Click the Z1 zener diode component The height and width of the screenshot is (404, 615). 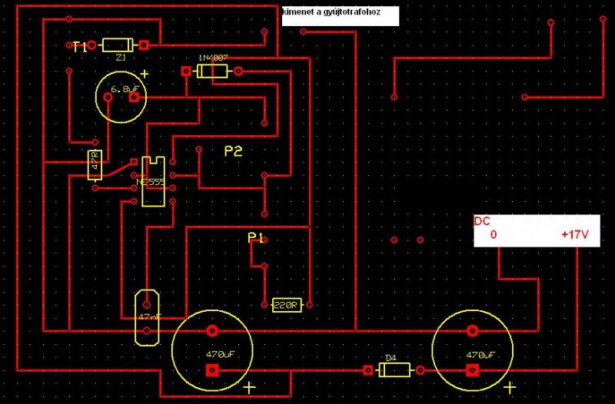(x=118, y=45)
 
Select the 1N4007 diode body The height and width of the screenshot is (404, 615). (x=211, y=71)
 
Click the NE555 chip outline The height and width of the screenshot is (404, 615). (x=153, y=180)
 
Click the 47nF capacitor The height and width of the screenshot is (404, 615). (x=146, y=316)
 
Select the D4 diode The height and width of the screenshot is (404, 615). (x=394, y=370)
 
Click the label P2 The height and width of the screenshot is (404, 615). (x=233, y=152)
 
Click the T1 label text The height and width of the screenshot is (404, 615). (x=79, y=47)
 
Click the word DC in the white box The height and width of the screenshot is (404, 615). (x=482, y=222)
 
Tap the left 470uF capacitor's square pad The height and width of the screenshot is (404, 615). (x=211, y=370)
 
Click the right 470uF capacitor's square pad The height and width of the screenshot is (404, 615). (x=472, y=370)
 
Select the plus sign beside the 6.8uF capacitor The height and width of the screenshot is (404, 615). (x=144, y=75)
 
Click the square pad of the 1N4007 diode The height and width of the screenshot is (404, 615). (x=185, y=71)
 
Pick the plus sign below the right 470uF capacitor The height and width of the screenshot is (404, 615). (x=509, y=388)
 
